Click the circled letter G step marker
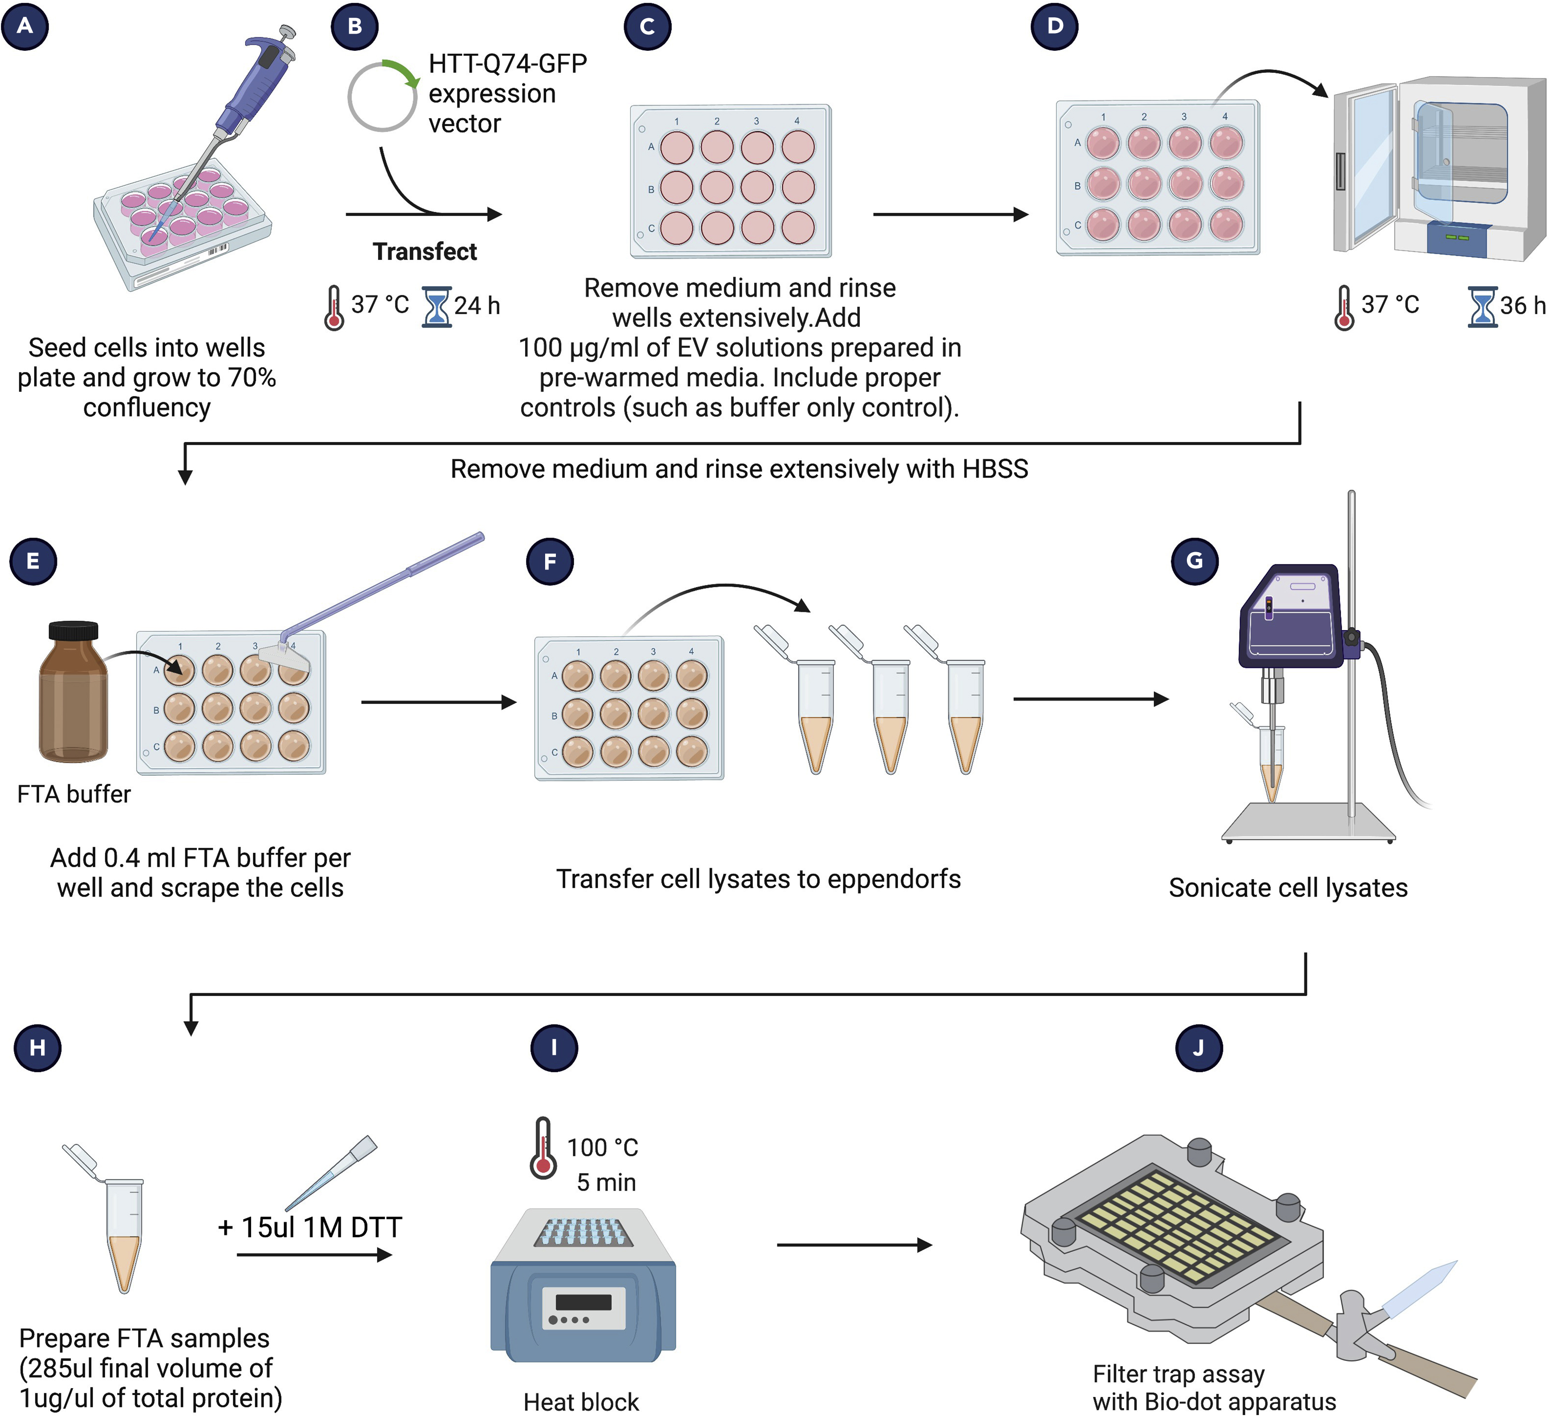tap(1194, 561)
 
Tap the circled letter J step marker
tap(1199, 1047)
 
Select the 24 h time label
tap(477, 305)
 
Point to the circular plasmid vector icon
tap(383, 96)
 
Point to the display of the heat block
tap(583, 1302)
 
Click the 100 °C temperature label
tap(602, 1147)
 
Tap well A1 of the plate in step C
tap(677, 147)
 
